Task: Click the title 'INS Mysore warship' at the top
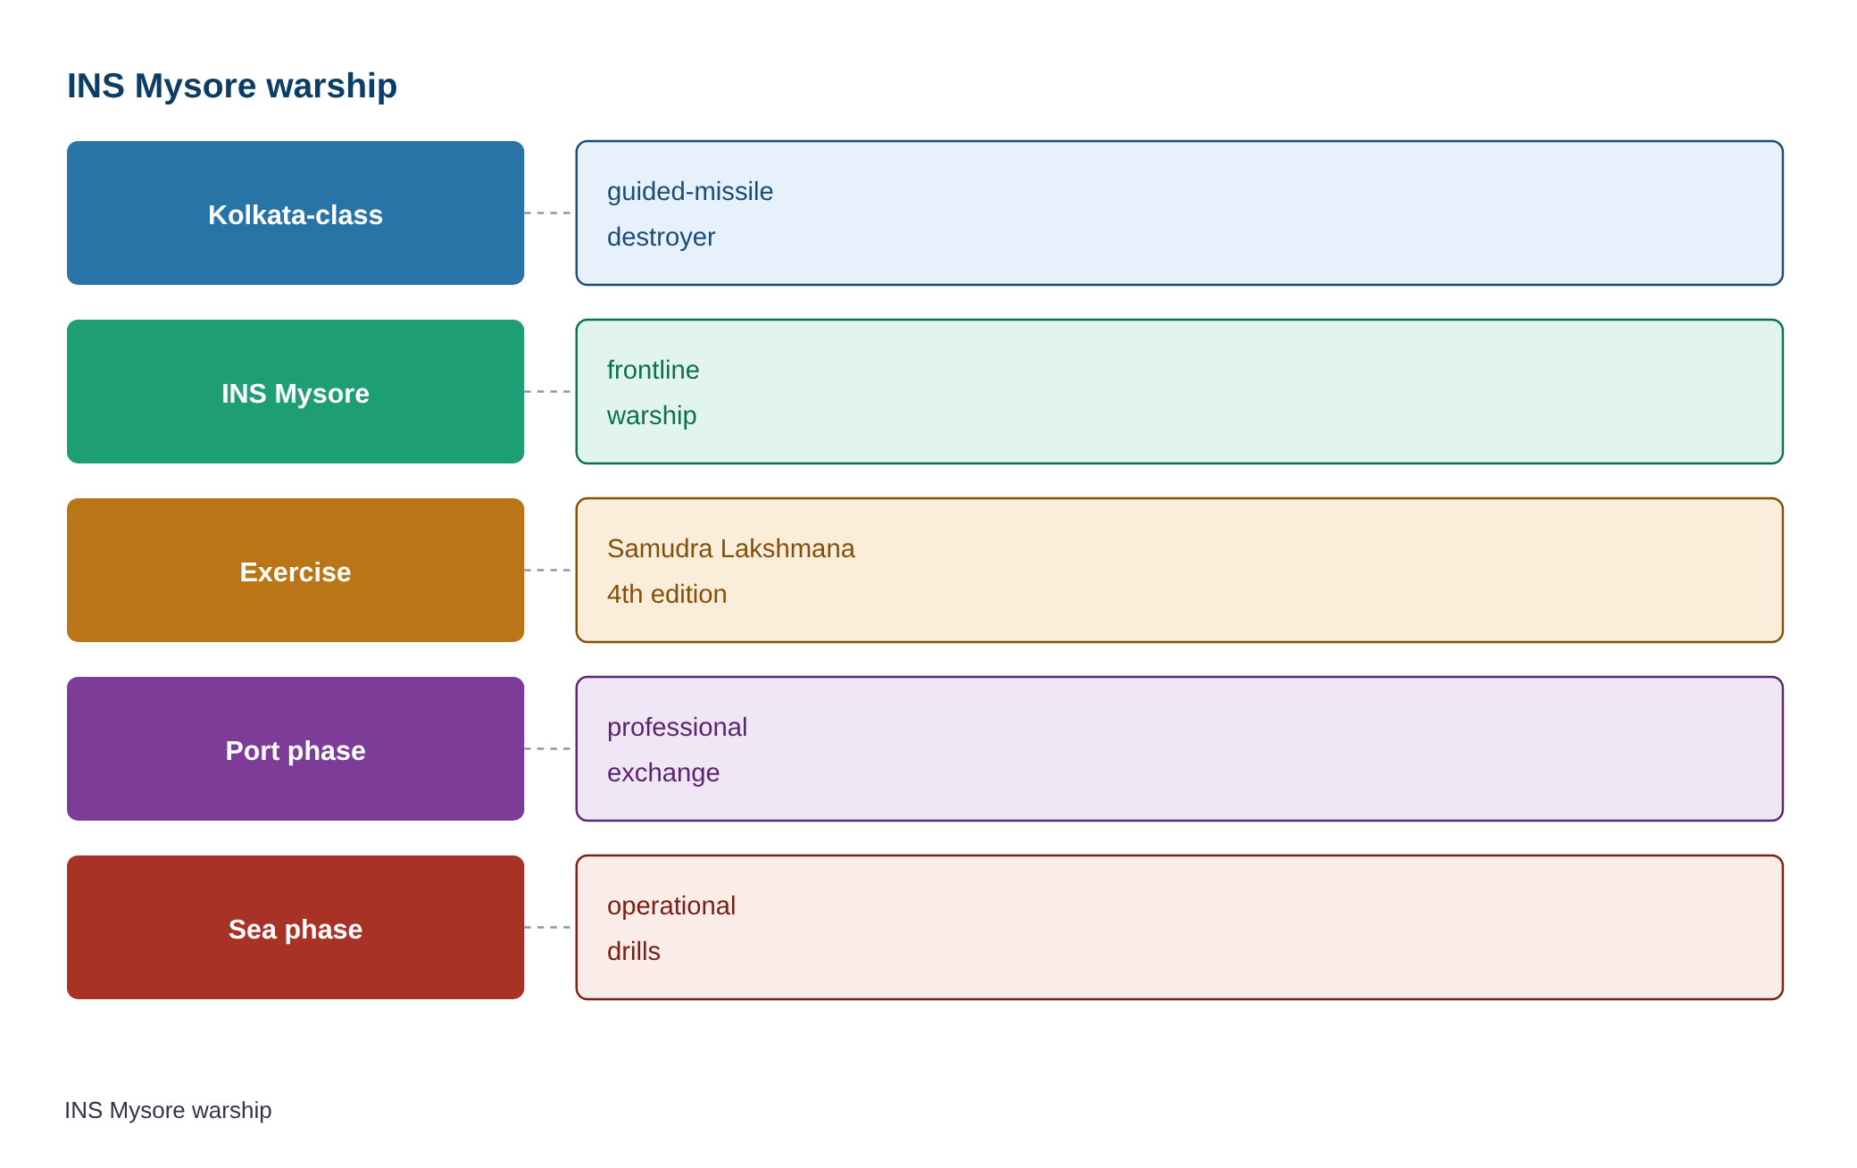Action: tap(232, 86)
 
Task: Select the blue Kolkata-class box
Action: tap(296, 213)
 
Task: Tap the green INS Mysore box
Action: tap(296, 391)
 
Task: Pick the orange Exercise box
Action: tap(296, 570)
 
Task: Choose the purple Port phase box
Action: tap(296, 748)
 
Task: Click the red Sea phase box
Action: tap(296, 927)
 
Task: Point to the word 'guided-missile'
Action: tap(690, 192)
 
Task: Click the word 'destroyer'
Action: tap(661, 237)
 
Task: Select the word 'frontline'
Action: tap(653, 370)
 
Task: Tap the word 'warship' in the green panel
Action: tap(652, 415)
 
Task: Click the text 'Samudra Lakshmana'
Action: tap(731, 548)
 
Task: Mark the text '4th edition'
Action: tap(667, 594)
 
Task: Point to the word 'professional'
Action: tap(677, 728)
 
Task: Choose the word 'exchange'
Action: tap(663, 772)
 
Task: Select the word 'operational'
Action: tap(671, 906)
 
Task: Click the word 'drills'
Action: tap(634, 951)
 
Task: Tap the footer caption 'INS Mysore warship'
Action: tap(168, 1110)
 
